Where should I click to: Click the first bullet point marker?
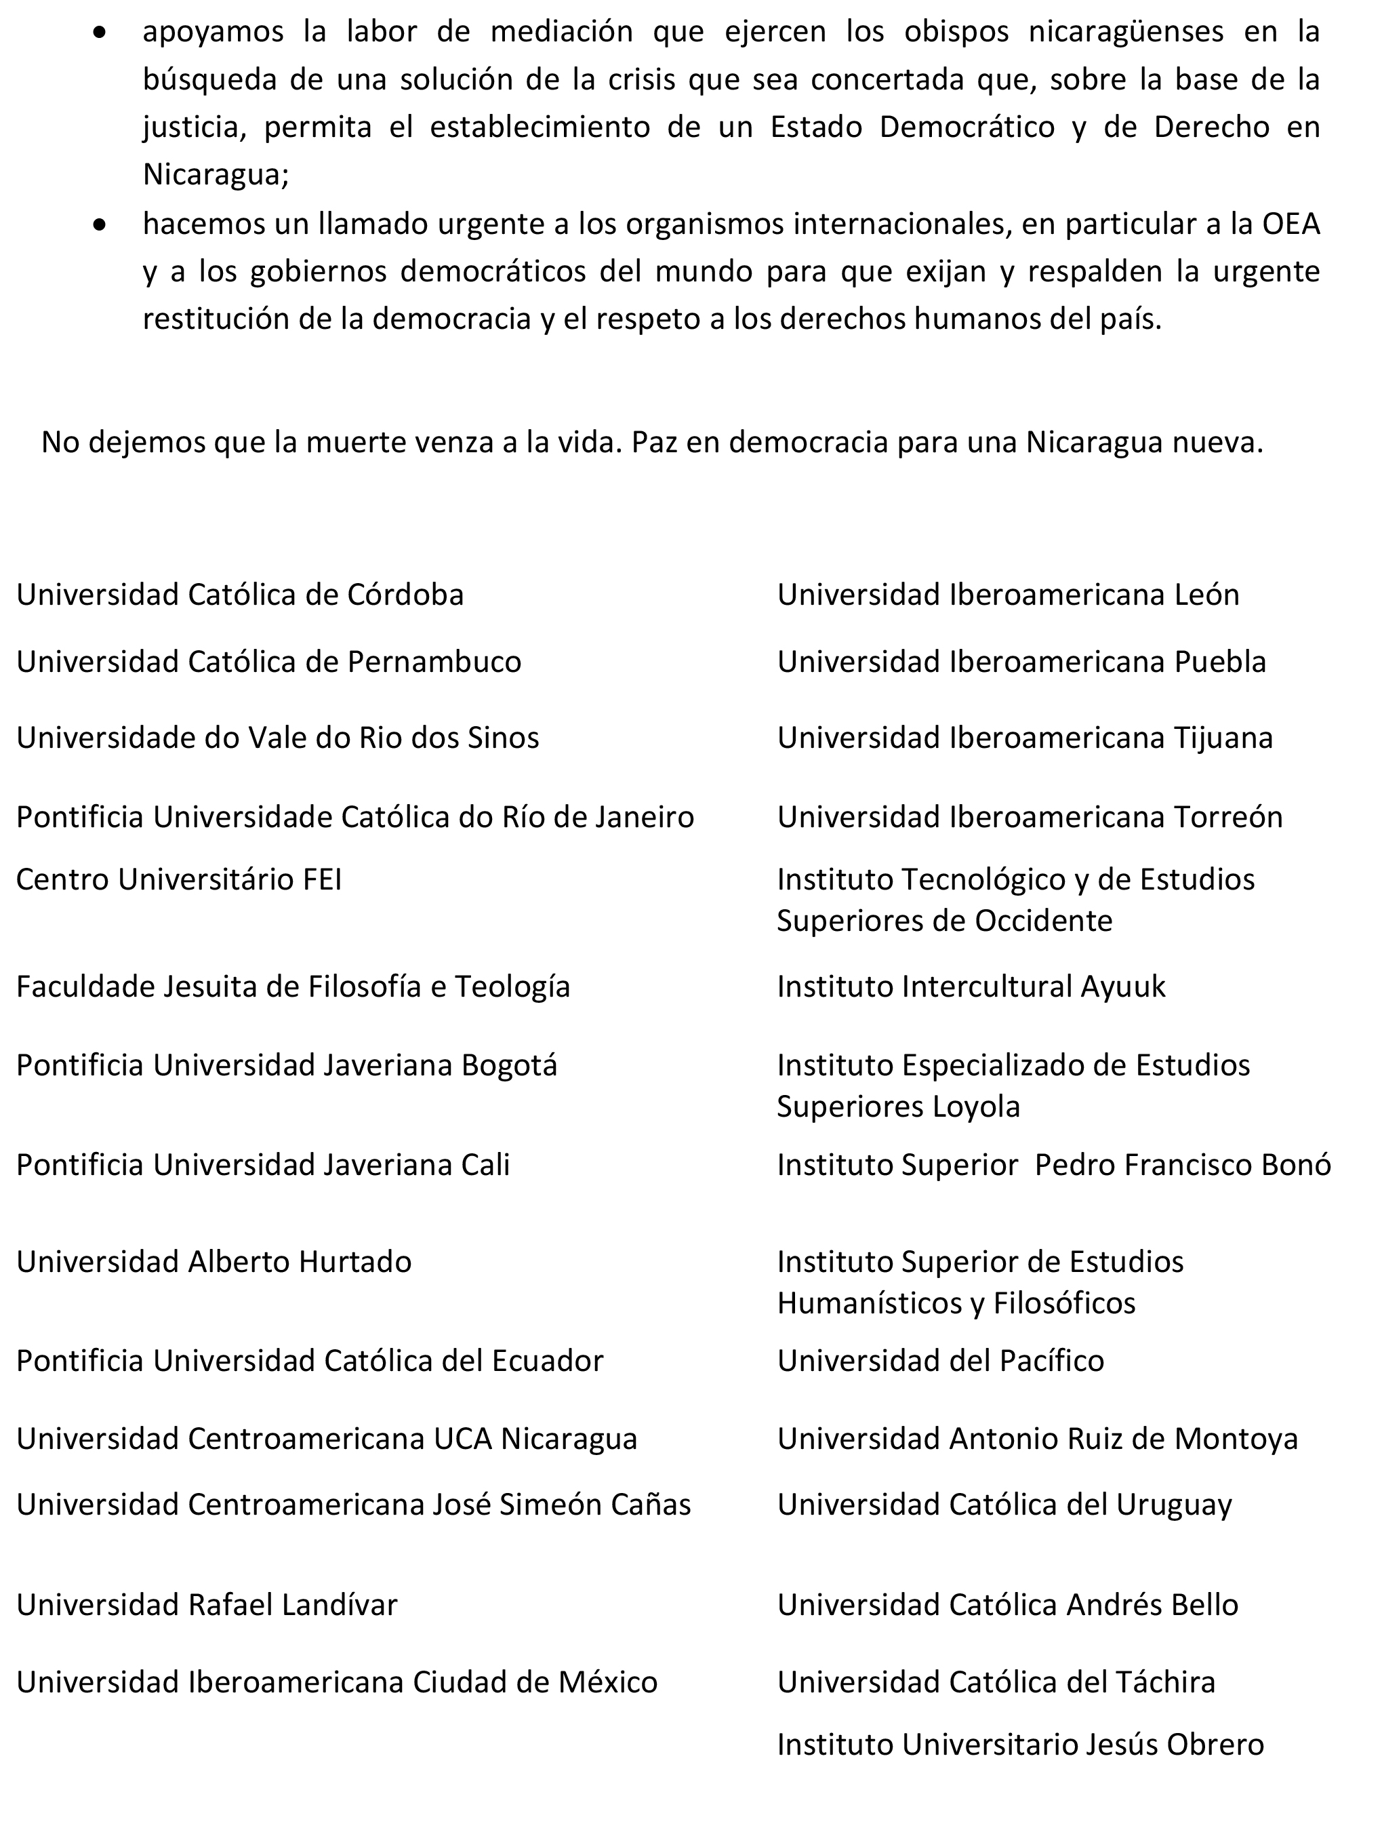pyautogui.click(x=100, y=34)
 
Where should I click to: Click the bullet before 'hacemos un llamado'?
pyautogui.click(x=100, y=225)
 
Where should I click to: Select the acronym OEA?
pyautogui.click(x=1290, y=224)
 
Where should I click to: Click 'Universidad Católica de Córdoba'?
pyautogui.click(x=240, y=595)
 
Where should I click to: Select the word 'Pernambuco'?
pyautogui.click(x=434, y=662)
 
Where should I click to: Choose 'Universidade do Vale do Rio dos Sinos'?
pyautogui.click(x=278, y=738)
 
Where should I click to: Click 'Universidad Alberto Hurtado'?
pyautogui.click(x=214, y=1262)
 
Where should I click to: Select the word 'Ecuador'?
pyautogui.click(x=548, y=1361)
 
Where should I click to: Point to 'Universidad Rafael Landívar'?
pyautogui.click(x=207, y=1605)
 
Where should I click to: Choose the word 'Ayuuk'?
pyautogui.click(x=1122, y=987)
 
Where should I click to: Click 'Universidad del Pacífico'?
pyautogui.click(x=940, y=1361)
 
